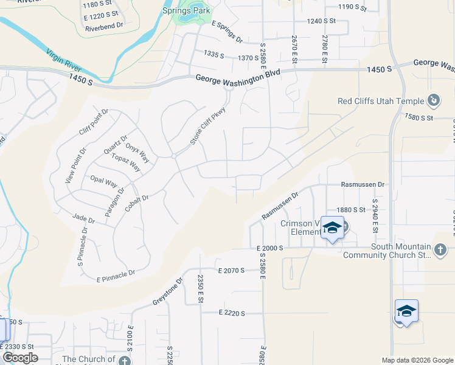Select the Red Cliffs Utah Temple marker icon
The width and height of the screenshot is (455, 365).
coord(434,100)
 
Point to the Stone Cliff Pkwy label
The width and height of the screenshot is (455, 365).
coord(204,125)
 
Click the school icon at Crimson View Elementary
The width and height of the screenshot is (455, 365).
coord(332,229)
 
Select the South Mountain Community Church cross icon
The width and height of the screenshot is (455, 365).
coord(440,249)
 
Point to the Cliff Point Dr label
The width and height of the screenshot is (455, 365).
coord(93,122)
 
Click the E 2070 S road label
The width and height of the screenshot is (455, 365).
coord(231,269)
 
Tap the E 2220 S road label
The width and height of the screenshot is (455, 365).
coord(231,313)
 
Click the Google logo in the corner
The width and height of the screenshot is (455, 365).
coord(20,358)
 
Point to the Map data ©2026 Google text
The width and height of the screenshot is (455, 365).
coord(416,360)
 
